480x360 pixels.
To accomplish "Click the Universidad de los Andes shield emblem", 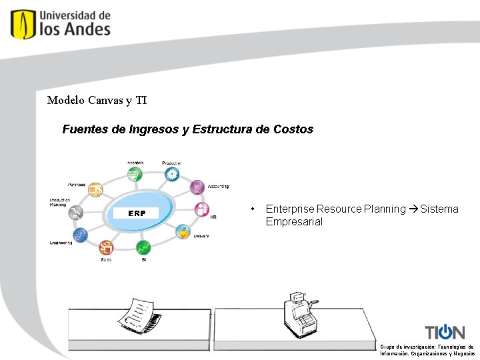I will tap(23, 24).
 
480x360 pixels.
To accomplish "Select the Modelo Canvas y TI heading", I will tap(97, 101).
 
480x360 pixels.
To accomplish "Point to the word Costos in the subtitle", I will tap(293, 129).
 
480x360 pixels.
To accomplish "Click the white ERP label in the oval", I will tap(137, 213).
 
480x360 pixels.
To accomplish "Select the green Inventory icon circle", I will tap(134, 175).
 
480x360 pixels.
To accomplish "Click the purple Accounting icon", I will tap(197, 187).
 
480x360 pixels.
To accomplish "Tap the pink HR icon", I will tap(201, 209).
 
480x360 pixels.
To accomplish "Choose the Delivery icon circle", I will tap(183, 232).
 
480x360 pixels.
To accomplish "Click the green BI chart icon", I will tap(143, 247).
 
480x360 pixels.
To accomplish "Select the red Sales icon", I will tap(106, 248).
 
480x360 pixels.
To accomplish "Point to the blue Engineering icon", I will tap(81, 235).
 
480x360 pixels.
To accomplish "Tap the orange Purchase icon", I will tap(96, 189).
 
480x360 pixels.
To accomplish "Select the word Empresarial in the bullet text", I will tap(294, 222).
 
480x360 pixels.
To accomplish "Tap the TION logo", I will tap(445, 332).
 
